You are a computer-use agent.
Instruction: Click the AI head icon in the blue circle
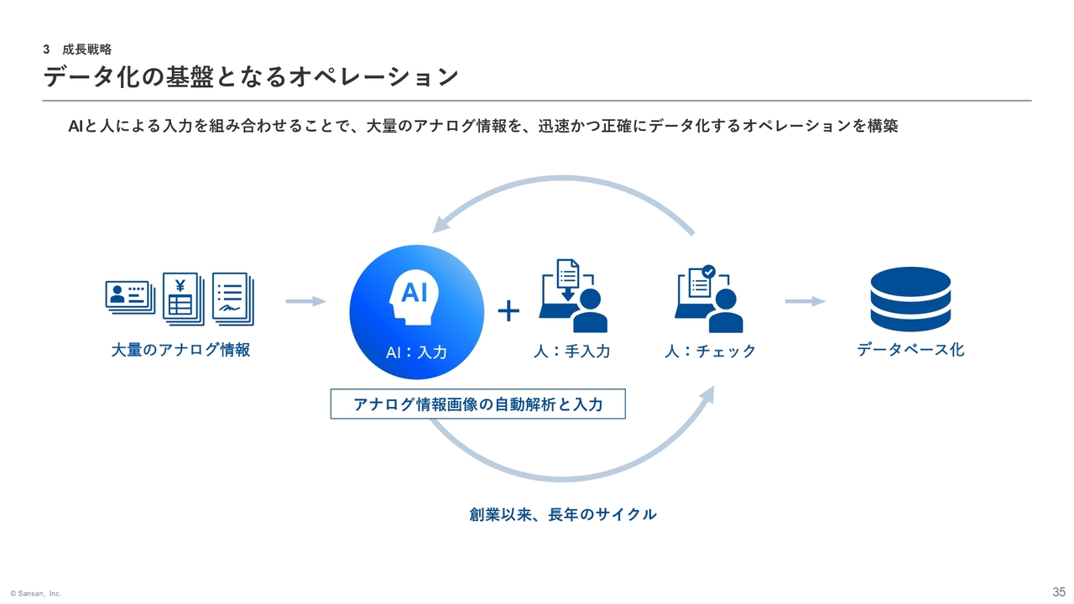tap(414, 297)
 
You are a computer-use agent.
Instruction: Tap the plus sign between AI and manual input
tap(508, 311)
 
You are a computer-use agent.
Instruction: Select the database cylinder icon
tap(910, 299)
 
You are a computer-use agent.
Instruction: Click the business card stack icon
tap(130, 297)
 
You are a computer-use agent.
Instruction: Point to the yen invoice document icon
tap(184, 299)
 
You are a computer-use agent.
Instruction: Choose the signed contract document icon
tap(233, 299)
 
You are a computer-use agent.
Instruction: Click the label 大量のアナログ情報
tap(180, 350)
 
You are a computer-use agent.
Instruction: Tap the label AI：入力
tap(416, 353)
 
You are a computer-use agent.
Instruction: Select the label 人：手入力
tap(571, 351)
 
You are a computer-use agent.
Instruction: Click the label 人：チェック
tap(710, 351)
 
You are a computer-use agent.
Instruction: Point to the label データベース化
tap(910, 350)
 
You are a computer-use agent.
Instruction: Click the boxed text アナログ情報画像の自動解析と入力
tap(478, 404)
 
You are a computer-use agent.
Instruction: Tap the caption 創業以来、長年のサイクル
tap(563, 514)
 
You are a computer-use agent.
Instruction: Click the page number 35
tap(1059, 592)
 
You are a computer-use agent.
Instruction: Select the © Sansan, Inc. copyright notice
tap(36, 593)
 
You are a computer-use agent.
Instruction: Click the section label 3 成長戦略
tap(77, 49)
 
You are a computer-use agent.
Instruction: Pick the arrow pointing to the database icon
tap(805, 301)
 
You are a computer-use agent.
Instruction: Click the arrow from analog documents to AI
tap(306, 301)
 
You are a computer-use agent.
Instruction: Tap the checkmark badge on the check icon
tap(708, 272)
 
